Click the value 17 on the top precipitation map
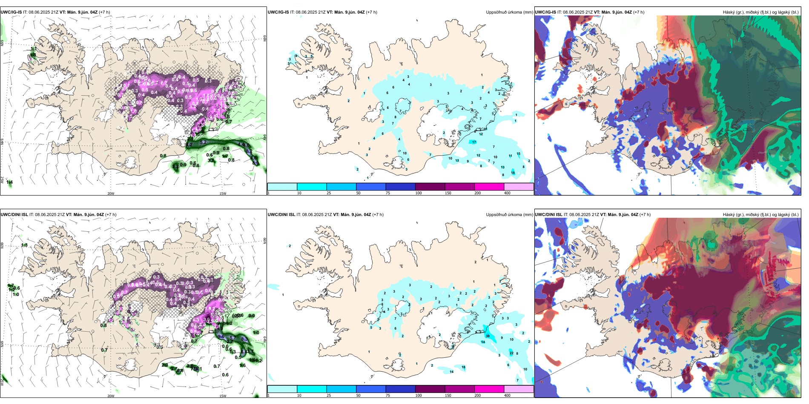(474, 142)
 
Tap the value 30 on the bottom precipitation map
(488, 336)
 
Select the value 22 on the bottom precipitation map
(511, 353)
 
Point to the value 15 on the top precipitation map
(518, 154)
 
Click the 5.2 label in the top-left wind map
(203, 142)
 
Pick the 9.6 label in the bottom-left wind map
(221, 337)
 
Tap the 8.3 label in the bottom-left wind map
(244, 339)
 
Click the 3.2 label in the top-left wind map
(250, 151)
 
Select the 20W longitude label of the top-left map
(111, 193)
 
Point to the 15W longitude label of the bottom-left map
(223, 396)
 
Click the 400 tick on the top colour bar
(507, 193)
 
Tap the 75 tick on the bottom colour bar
(388, 395)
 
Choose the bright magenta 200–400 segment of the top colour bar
(489, 187)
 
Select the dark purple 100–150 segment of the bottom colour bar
(430, 389)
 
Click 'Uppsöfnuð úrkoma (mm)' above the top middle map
(509, 12)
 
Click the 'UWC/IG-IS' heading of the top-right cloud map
(545, 12)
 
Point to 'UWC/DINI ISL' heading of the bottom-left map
(14, 215)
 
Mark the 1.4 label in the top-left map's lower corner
(9, 182)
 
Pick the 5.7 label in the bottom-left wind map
(232, 338)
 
